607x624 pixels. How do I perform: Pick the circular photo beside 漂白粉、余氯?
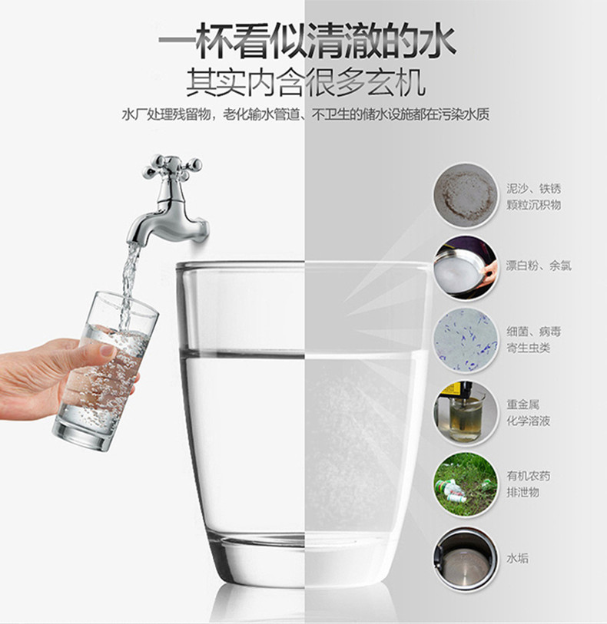465,266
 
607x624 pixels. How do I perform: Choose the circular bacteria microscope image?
465,338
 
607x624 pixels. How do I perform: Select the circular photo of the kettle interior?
465,558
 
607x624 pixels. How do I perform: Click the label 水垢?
518,558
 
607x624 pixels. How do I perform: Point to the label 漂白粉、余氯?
538,266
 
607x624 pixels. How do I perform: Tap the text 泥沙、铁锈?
533,187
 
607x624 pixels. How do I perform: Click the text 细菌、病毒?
533,331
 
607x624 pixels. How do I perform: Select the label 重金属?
522,404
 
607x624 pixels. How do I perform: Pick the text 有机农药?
528,477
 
